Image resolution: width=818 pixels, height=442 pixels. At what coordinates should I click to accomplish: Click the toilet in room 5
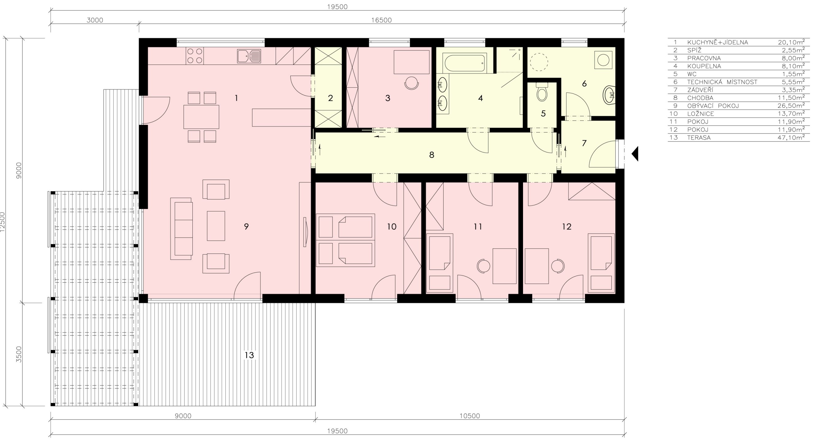(542, 92)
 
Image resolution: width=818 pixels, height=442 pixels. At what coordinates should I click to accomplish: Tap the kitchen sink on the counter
(249, 56)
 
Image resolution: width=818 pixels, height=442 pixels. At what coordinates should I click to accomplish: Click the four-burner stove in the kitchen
(195, 56)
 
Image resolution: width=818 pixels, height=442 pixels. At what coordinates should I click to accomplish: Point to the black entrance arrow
(635, 154)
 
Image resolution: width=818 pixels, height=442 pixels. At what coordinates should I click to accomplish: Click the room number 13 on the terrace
(249, 355)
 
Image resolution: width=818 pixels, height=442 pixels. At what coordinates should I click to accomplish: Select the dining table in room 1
(201, 117)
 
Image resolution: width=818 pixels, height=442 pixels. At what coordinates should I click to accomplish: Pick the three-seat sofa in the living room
(181, 229)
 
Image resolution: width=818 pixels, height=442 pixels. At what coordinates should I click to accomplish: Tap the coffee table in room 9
(216, 226)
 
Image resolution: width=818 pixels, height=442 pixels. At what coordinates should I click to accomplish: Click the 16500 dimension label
(381, 20)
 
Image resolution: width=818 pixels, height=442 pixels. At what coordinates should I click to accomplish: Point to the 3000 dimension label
(95, 20)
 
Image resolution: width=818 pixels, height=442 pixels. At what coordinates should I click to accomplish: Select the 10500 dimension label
(470, 416)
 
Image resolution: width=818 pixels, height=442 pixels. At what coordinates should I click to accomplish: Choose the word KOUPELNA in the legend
(704, 66)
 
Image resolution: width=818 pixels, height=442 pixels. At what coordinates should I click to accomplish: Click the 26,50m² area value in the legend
(791, 105)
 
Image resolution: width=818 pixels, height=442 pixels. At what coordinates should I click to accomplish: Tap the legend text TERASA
(699, 138)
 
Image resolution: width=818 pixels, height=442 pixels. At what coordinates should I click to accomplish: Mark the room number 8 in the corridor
(432, 155)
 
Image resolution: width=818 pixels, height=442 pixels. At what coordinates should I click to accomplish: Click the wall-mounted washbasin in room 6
(609, 95)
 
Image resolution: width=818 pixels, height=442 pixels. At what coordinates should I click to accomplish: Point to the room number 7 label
(584, 143)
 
